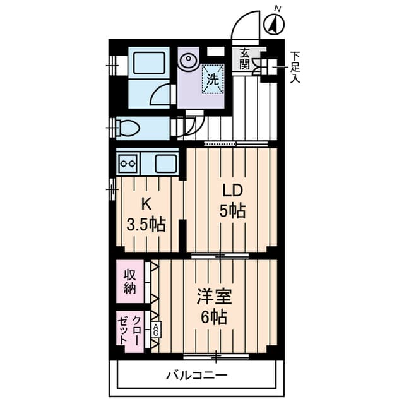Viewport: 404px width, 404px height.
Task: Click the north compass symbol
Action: [x=275, y=25]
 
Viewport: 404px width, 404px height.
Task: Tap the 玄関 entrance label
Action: [x=246, y=59]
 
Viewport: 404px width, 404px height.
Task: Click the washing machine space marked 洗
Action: [x=213, y=80]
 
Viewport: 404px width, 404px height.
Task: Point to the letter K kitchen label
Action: [x=146, y=204]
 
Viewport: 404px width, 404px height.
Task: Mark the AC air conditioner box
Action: [x=155, y=328]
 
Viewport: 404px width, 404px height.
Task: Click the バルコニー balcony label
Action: [x=196, y=375]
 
